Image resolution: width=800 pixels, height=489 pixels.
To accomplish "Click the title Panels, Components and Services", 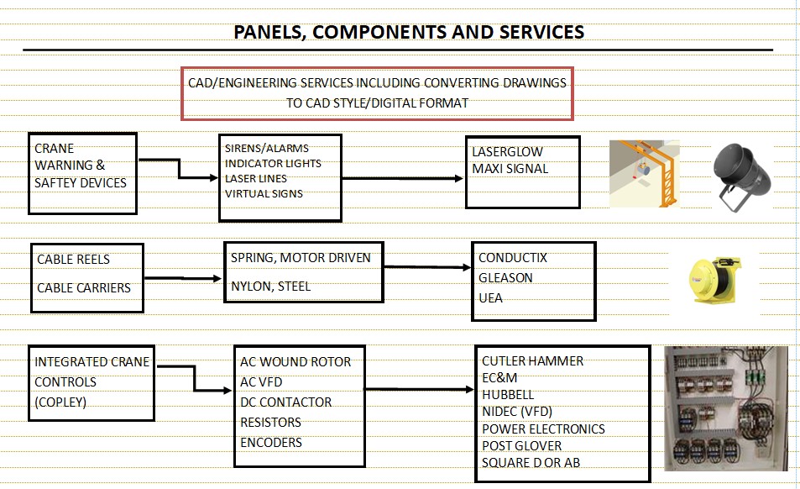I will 409,33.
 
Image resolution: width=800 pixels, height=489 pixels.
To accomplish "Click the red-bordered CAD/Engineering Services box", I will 377,92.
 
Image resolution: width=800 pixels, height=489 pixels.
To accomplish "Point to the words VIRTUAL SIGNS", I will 264,193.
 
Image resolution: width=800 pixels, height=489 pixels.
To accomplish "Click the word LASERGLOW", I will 507,152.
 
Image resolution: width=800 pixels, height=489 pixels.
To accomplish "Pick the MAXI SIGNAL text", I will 510,169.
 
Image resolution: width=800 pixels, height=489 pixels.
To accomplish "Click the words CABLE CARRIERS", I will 84,287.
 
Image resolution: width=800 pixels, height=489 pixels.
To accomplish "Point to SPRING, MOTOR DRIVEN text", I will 301,258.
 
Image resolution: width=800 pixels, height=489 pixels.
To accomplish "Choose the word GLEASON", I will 505,277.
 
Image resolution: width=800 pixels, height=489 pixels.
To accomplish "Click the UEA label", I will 490,297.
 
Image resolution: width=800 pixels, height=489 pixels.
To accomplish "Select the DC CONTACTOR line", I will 285,402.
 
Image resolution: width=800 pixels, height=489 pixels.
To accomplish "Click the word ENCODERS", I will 270,442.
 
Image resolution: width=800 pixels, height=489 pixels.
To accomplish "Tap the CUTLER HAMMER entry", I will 532,361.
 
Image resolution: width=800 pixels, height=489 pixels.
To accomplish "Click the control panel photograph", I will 726,408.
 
